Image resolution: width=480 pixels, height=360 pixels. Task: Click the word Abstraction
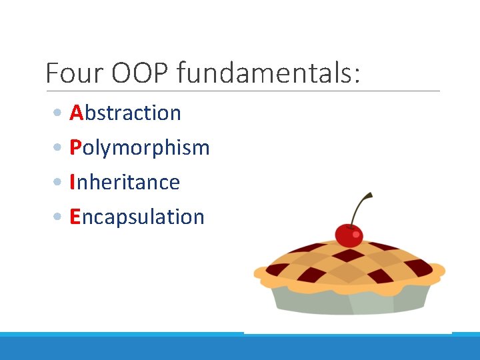(125, 113)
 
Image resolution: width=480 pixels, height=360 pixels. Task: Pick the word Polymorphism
(139, 147)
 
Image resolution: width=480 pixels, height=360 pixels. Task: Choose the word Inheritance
(125, 182)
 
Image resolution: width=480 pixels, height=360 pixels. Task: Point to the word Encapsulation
(137, 217)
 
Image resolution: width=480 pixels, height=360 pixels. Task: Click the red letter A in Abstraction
(76, 113)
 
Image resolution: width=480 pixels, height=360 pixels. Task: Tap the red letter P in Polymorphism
(75, 147)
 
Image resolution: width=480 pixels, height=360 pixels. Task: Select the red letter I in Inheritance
(73, 182)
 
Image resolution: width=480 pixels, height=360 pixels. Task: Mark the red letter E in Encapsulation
(75, 217)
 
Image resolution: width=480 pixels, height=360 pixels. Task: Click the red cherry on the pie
(348, 235)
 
